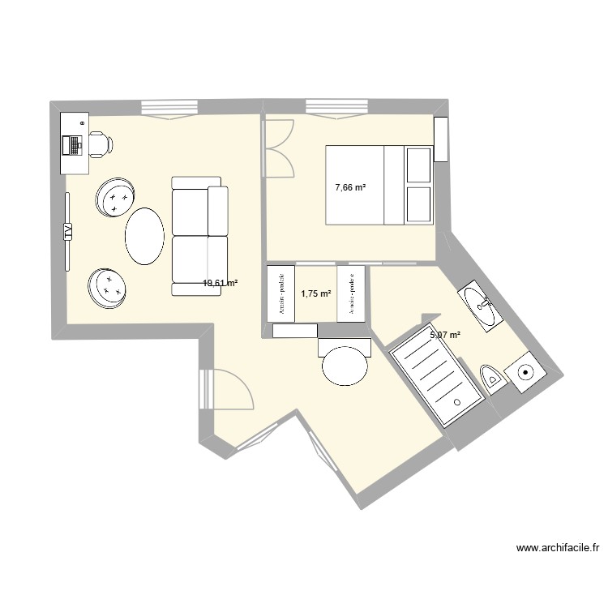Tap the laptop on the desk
pyautogui.click(x=74, y=144)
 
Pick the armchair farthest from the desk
pyautogui.click(x=108, y=287)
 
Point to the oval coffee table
pyautogui.click(x=145, y=236)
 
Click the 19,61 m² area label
pyautogui.click(x=220, y=284)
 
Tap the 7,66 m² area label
pyautogui.click(x=350, y=187)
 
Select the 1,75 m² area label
pyautogui.click(x=316, y=294)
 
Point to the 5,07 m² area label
pyautogui.click(x=445, y=334)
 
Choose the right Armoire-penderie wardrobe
pyautogui.click(x=351, y=293)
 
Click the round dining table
pyautogui.click(x=345, y=366)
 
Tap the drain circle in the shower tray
pyautogui.click(x=457, y=400)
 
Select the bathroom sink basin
pyautogui.click(x=483, y=307)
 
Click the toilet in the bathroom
pyautogui.click(x=493, y=377)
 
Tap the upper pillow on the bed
pyautogui.click(x=419, y=165)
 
